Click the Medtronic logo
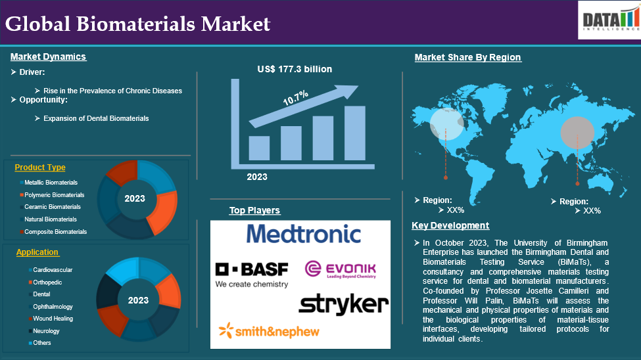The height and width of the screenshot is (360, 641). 303,234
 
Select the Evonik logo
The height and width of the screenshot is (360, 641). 341,270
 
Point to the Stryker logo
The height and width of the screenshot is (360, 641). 343,304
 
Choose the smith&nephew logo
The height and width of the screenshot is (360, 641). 269,331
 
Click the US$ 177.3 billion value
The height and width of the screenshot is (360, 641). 295,69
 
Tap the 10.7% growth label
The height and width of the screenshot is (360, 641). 295,98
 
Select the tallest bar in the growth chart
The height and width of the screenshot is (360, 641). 355,133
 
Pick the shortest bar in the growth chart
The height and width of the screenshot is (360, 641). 259,148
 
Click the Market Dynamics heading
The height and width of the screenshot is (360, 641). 48,56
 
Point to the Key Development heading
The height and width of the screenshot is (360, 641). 450,225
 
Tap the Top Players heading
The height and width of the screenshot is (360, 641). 254,210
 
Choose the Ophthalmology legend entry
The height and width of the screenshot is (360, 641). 53,307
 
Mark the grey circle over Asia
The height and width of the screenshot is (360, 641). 577,133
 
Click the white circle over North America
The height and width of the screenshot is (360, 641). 447,124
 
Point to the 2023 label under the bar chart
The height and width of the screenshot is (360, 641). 256,177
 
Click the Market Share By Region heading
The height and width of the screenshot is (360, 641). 467,57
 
